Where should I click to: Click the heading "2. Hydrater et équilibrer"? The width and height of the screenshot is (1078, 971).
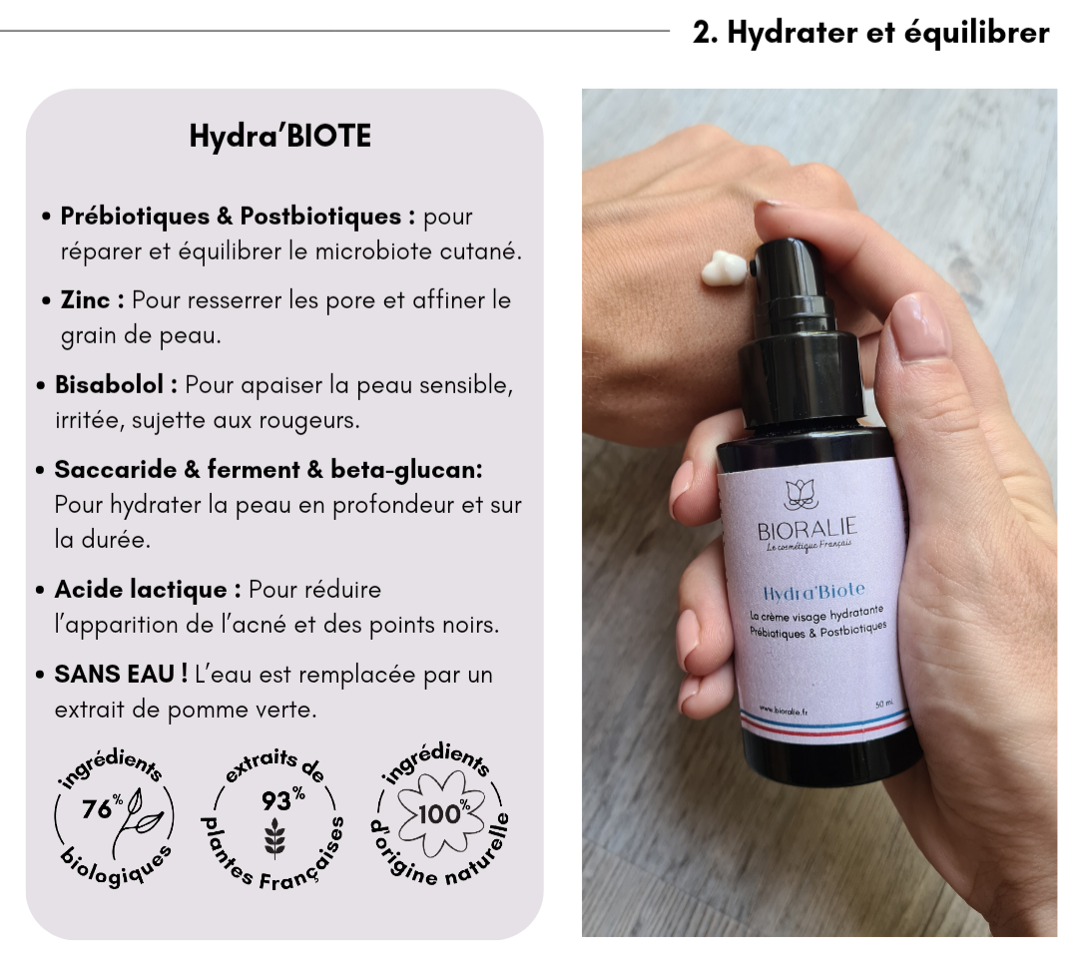coord(870,32)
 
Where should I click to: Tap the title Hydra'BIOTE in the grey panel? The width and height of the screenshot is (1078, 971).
coord(280,136)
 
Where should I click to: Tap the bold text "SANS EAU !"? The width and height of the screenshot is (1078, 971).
coord(121,674)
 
